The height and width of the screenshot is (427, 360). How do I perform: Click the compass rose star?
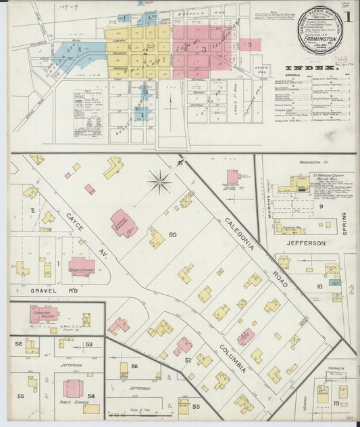click(160, 180)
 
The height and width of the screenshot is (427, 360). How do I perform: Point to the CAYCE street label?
click(74, 222)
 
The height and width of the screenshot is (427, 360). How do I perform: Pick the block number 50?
click(172, 234)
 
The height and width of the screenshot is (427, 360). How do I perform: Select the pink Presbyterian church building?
click(82, 266)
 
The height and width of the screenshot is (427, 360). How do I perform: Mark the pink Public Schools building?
click(73, 388)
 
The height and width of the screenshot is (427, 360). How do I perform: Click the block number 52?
click(18, 343)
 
